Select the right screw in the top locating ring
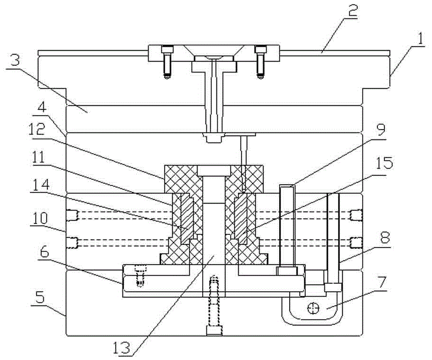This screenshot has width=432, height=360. pos(260,62)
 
